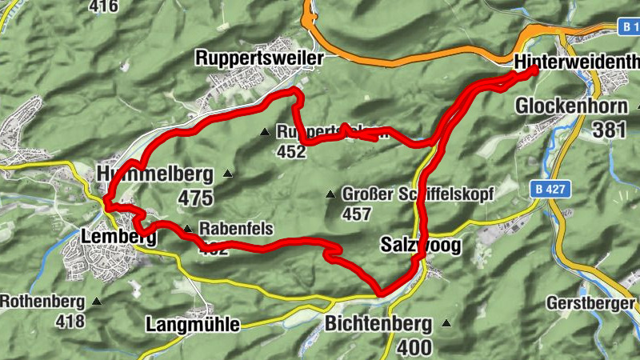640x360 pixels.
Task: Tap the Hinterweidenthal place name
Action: (577, 62)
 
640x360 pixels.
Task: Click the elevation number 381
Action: (609, 130)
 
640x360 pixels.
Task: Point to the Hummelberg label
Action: (154, 174)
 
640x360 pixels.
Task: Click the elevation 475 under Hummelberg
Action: (197, 198)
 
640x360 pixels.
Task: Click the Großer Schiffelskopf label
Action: (418, 194)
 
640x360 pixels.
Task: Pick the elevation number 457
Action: (356, 214)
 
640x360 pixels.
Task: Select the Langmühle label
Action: (193, 325)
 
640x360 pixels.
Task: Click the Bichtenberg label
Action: (378, 324)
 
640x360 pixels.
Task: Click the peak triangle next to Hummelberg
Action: (228, 173)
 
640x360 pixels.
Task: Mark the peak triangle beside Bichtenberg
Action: (446, 324)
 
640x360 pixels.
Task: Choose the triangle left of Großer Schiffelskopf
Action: (330, 194)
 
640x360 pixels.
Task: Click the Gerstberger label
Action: (591, 303)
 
